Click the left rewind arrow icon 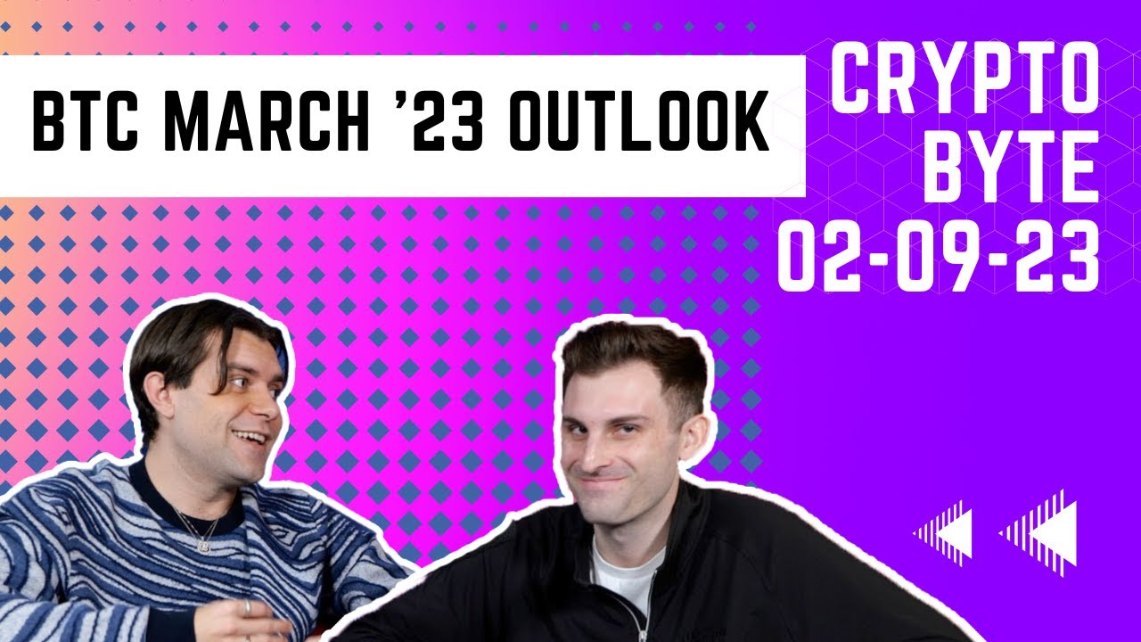tap(942, 533)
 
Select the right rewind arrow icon tap(1039, 533)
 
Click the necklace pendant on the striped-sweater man tap(204, 544)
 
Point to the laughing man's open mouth tap(250, 440)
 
